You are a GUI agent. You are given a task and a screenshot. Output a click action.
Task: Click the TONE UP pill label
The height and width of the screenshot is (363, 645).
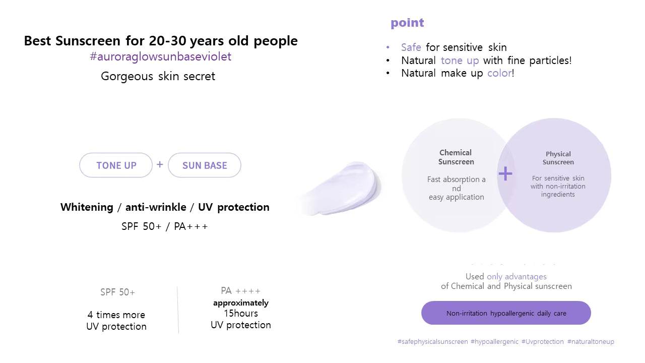click(x=116, y=165)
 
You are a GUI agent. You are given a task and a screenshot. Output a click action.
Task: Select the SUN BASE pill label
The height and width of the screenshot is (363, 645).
click(x=205, y=165)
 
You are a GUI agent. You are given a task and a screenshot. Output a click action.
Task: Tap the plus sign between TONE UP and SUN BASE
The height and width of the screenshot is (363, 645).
click(x=160, y=164)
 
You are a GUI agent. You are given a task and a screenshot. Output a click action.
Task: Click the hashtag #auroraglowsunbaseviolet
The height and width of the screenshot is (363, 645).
click(x=160, y=57)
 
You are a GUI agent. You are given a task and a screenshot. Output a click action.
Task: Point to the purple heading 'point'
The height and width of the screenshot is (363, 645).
click(x=407, y=23)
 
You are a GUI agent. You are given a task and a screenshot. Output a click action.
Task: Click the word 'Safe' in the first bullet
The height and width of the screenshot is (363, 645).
click(x=411, y=47)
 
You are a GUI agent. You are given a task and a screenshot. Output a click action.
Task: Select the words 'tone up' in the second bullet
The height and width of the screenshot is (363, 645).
click(x=460, y=60)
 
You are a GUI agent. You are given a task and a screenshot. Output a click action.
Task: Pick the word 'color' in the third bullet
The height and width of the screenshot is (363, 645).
click(x=499, y=73)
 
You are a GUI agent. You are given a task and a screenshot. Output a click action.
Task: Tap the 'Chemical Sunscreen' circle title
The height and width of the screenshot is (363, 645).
click(x=456, y=157)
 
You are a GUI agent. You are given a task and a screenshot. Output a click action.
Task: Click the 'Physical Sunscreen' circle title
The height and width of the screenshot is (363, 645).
click(x=558, y=158)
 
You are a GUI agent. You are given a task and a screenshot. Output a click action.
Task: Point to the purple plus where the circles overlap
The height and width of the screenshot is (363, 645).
click(x=505, y=174)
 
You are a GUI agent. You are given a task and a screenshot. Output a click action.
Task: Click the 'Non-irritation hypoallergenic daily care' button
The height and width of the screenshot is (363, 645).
click(x=506, y=313)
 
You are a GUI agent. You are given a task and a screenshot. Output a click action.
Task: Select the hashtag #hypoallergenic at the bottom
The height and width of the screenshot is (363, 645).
click(x=494, y=342)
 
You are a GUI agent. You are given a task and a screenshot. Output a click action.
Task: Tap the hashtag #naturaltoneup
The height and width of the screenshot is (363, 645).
click(x=591, y=342)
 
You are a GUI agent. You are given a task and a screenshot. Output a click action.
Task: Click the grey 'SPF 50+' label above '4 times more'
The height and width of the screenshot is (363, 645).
click(x=117, y=292)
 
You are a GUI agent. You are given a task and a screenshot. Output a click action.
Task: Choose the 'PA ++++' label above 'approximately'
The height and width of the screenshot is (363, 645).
click(x=241, y=291)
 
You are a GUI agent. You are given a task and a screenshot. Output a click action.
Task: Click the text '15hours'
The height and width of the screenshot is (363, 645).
click(x=241, y=313)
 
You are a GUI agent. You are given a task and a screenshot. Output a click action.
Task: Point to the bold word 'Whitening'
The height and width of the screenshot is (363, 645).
click(x=87, y=207)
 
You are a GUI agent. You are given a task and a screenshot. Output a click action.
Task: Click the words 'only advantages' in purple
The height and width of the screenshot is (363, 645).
click(x=517, y=277)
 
